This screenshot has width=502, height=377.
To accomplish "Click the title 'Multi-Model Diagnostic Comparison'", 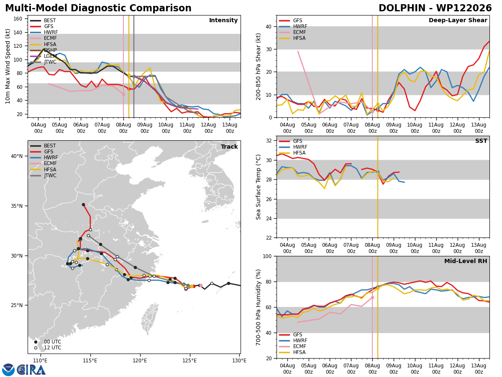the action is click(98, 8).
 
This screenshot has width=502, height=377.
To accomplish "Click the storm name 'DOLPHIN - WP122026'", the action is click(435, 8).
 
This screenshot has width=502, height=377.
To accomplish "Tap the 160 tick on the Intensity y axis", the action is click(18, 19).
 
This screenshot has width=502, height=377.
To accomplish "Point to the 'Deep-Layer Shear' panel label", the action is click(458, 21).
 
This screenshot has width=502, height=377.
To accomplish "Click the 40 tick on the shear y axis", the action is click(269, 26).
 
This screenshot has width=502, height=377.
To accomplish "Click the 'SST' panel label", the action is click(481, 141).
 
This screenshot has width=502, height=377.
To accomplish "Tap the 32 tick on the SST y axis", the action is click(269, 141).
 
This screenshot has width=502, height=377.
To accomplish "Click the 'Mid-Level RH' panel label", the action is click(466, 261).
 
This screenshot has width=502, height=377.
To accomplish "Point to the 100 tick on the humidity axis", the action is click(267, 256).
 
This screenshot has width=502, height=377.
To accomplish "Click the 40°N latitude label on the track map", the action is click(17, 156).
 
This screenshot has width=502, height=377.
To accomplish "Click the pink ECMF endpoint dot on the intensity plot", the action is click(123, 94).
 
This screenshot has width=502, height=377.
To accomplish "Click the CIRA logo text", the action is click(31, 370).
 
